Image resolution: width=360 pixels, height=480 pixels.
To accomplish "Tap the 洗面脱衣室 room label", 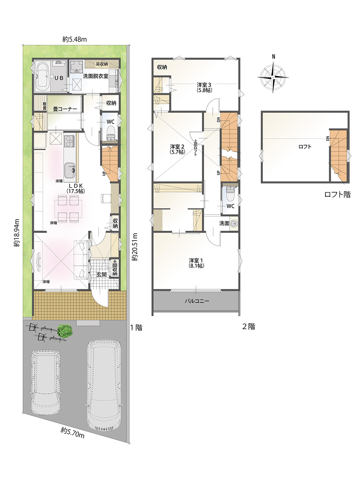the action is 95,76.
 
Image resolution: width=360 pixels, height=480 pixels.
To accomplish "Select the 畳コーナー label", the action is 65,109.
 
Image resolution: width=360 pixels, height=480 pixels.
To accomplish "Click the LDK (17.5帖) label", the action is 76,188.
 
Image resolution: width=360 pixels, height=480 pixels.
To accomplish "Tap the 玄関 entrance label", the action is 102,274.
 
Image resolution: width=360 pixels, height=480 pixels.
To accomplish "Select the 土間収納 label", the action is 115,268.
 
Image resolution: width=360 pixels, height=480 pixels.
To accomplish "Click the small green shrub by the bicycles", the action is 65,330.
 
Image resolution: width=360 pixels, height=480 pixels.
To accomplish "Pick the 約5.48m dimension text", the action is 75,39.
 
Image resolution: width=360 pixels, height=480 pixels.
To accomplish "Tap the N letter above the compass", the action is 274,57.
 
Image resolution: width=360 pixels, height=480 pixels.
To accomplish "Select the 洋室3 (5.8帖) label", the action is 204,87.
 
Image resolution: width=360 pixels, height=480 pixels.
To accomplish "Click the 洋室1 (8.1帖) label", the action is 196,263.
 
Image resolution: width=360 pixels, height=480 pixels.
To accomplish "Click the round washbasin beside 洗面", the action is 234,224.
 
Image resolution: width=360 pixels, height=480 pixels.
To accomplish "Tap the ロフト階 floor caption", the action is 337,194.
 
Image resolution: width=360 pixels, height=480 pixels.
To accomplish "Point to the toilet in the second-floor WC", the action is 230,194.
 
